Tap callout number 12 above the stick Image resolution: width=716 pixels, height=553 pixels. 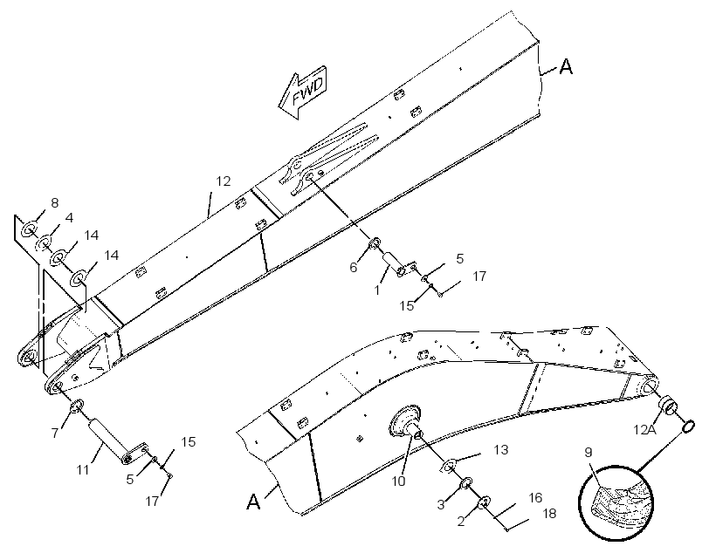[224, 181]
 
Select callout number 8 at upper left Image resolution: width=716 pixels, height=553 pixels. [55, 202]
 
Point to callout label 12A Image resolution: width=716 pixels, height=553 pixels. [644, 429]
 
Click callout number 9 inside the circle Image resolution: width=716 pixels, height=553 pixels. [589, 452]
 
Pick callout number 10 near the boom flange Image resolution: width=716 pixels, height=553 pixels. [399, 481]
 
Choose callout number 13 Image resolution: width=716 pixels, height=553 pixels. [501, 449]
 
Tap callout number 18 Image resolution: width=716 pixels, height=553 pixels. [549, 513]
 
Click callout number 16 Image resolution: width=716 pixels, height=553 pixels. [535, 497]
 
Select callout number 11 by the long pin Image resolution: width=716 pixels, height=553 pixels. [83, 469]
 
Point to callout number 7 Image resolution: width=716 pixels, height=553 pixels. [55, 433]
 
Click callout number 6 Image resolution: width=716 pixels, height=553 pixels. [354, 268]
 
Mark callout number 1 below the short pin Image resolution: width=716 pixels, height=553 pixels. [377, 290]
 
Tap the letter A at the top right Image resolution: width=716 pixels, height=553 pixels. [566, 66]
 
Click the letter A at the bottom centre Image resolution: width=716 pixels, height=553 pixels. [253, 502]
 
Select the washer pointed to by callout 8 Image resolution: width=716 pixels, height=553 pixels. [30, 229]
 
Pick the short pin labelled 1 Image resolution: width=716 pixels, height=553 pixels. [395, 264]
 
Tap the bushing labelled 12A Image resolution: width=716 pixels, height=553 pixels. [668, 405]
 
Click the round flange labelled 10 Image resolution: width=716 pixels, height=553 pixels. [404, 420]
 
